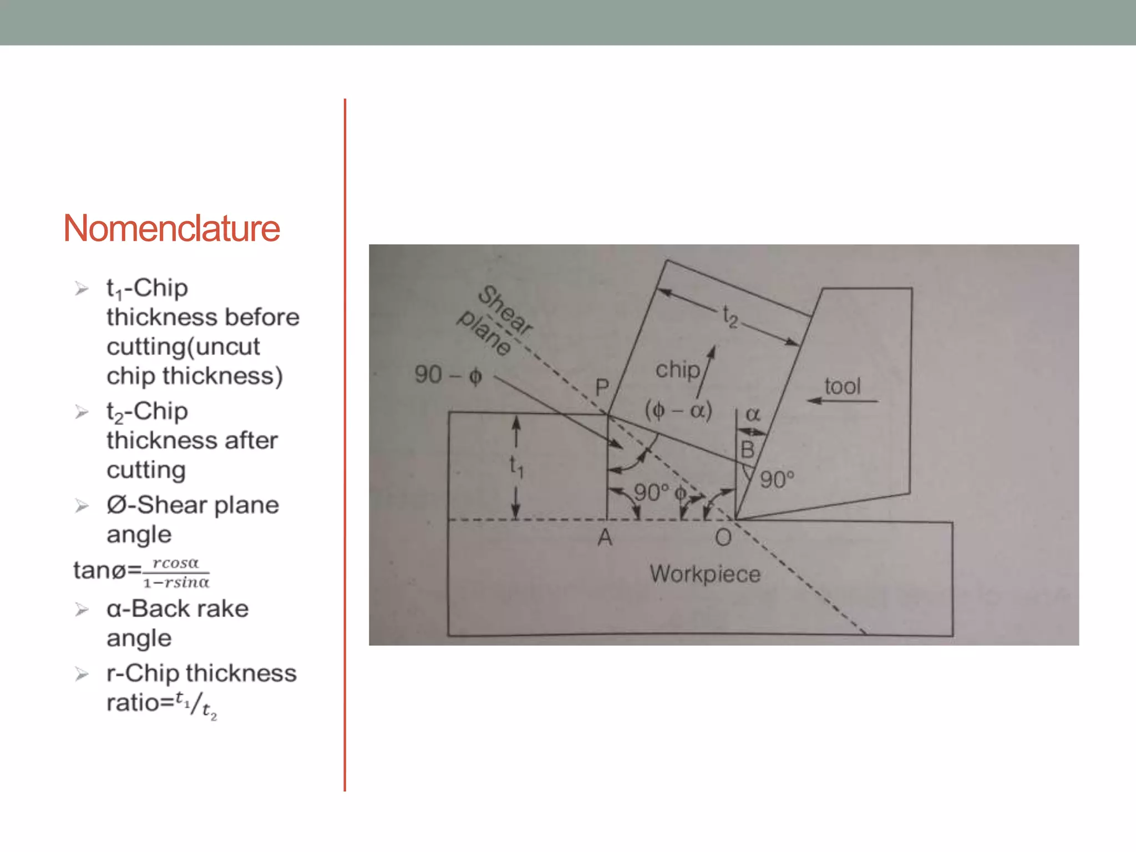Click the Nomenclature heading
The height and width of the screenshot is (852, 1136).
171,228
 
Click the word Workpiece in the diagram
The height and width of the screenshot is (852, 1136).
705,574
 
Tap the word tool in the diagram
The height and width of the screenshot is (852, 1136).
842,386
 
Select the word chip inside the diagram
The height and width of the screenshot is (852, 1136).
677,369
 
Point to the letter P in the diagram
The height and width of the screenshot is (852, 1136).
602,387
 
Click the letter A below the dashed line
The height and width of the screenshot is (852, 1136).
605,537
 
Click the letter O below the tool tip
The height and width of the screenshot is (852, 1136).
723,537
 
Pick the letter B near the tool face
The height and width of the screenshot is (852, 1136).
747,449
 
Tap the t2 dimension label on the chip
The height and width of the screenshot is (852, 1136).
730,317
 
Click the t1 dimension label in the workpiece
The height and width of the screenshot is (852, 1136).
516,466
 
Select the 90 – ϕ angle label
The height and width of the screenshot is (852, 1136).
448,375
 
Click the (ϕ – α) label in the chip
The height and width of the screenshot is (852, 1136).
678,410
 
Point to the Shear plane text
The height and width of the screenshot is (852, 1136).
495,321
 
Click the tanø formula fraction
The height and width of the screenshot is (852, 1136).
176,572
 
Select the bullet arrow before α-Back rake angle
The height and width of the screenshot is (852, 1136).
82,610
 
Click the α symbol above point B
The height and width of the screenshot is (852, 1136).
753,414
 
